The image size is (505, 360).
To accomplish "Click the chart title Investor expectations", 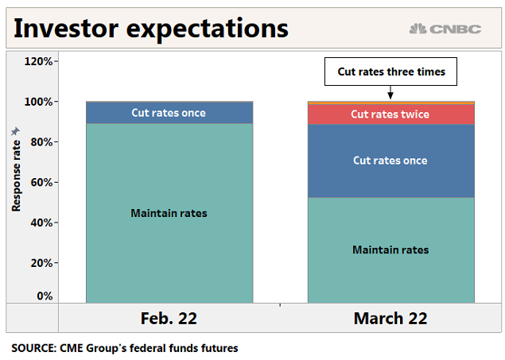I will click(x=151, y=29).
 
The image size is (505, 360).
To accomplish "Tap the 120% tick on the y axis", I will click(x=38, y=61).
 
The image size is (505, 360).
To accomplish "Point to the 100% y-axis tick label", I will click(x=38, y=102).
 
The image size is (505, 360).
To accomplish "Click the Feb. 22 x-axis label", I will click(x=169, y=319).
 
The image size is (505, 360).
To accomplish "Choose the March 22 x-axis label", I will click(x=390, y=319).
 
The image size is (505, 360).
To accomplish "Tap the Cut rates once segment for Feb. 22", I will click(x=169, y=113).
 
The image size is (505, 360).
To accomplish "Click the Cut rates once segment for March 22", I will click(x=390, y=161).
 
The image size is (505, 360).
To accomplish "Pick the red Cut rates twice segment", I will click(x=390, y=114).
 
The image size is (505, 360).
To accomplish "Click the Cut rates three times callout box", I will click(x=390, y=72).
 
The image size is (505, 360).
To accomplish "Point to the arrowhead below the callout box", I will click(x=390, y=96).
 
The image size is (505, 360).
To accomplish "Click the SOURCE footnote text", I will click(x=125, y=348).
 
